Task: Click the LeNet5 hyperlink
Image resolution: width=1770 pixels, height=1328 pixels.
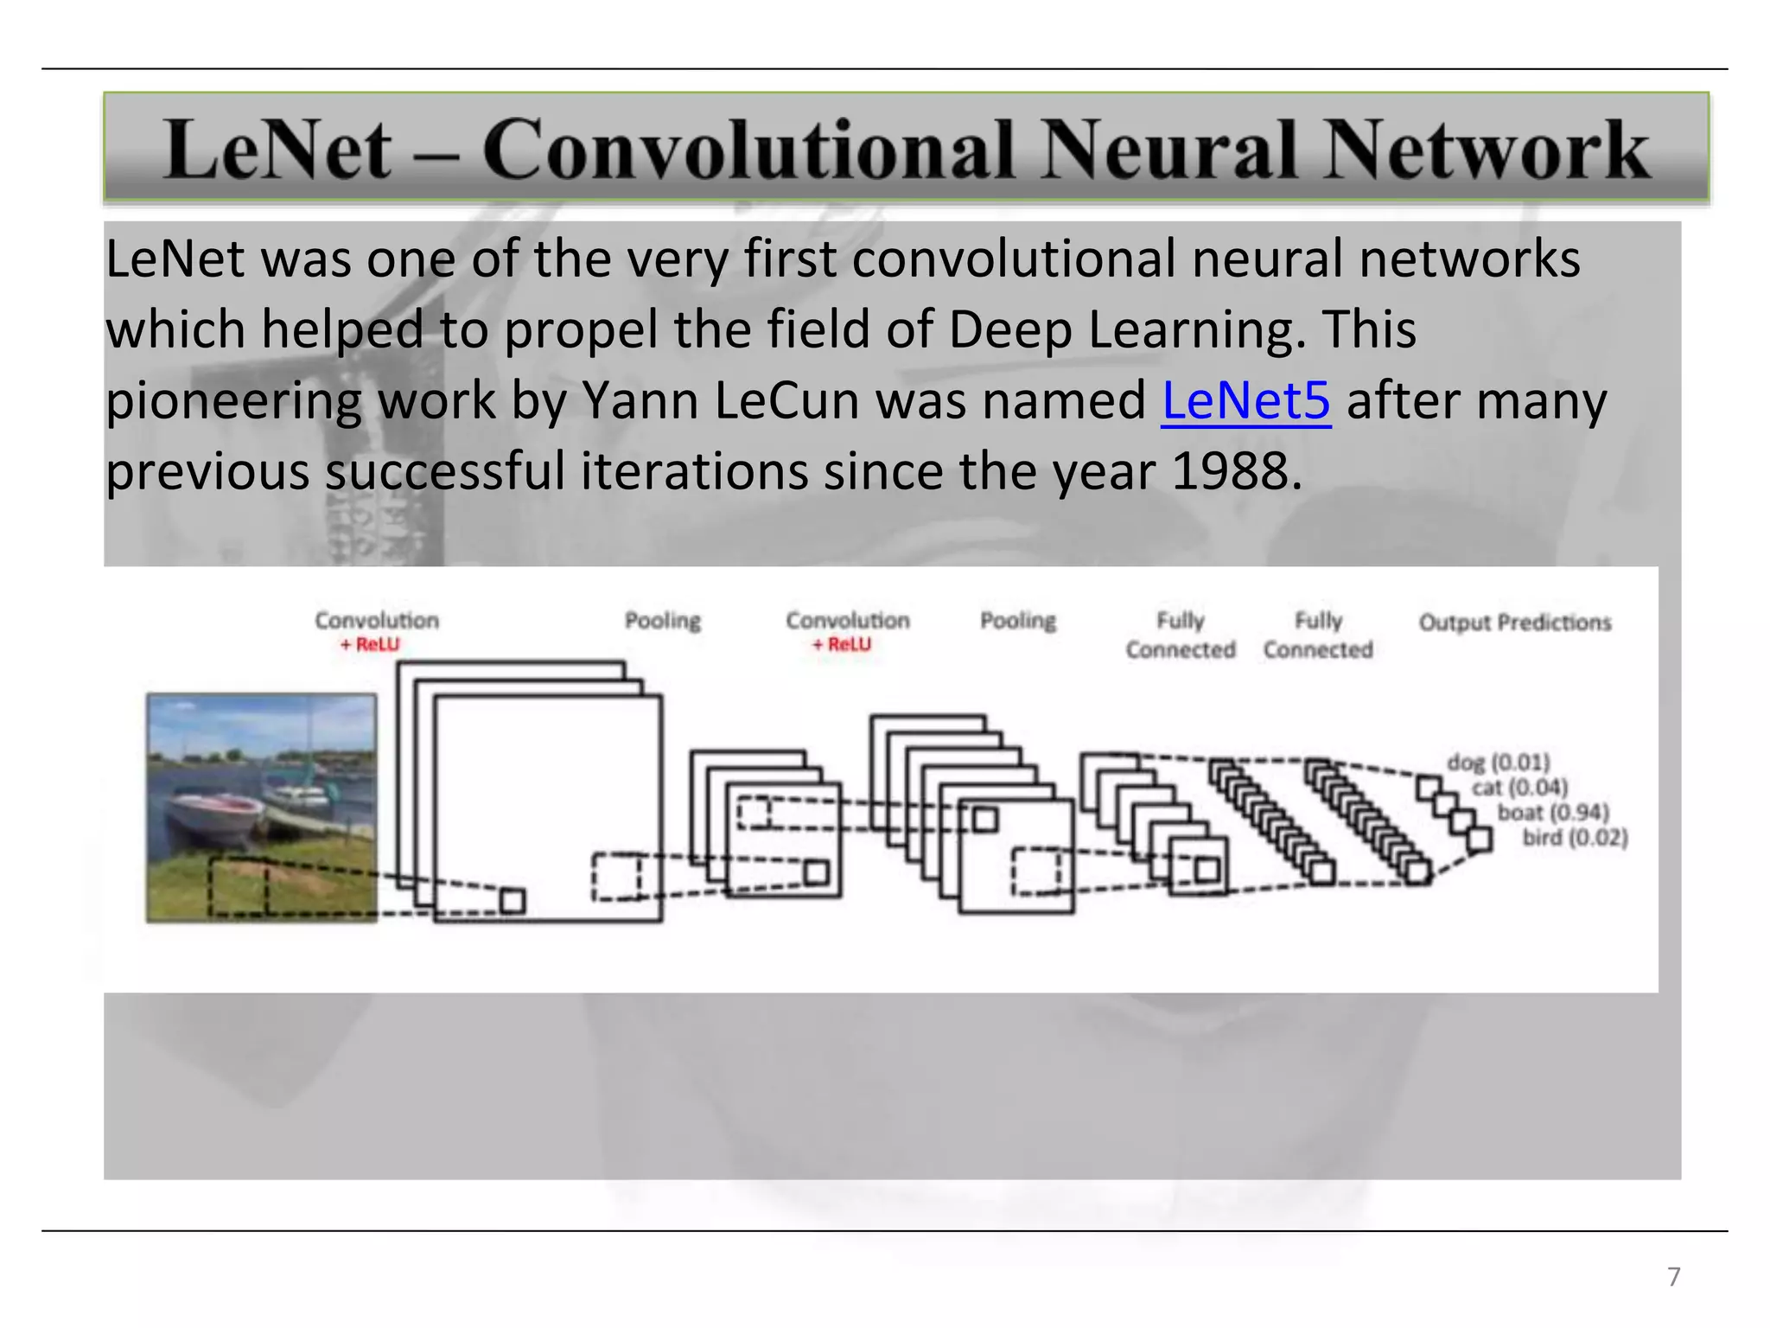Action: point(1245,401)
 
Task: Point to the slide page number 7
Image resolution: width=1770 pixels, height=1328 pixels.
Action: point(1673,1276)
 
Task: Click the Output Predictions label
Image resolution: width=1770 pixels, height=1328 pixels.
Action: point(1514,622)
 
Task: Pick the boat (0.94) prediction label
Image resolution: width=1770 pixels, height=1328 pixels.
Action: point(1552,813)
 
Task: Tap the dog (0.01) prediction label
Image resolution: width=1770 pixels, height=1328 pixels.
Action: point(1498,763)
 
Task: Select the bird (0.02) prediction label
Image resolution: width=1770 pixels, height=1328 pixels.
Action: point(1575,838)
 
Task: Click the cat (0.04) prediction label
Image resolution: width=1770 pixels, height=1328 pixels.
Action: point(1519,788)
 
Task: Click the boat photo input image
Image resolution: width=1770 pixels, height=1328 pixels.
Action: point(261,808)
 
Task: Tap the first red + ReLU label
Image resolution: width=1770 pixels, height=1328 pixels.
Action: point(370,645)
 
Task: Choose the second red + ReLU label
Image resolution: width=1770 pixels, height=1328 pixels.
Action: point(842,645)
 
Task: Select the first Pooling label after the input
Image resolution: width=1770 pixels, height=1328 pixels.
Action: point(663,621)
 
